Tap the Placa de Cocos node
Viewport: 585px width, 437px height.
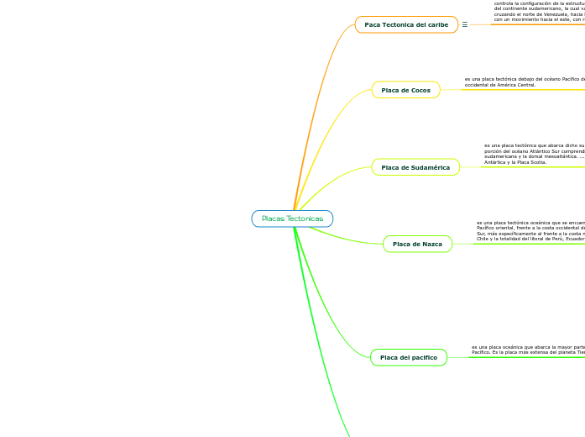click(405, 90)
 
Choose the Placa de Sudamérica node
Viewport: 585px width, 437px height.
click(415, 167)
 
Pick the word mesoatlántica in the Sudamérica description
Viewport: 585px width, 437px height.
click(547, 155)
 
